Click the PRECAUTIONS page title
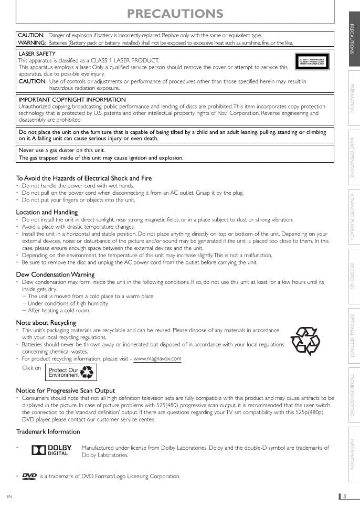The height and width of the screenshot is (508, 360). (x=175, y=14)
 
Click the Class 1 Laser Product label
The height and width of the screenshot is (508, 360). (x=312, y=62)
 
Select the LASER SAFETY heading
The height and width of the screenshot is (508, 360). (x=37, y=54)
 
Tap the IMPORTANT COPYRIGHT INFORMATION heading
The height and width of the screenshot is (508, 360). (x=72, y=99)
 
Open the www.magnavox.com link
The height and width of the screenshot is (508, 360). (x=157, y=359)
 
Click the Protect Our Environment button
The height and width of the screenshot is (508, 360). (x=71, y=372)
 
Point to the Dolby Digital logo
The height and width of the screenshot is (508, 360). (x=50, y=450)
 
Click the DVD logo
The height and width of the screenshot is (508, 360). (x=29, y=476)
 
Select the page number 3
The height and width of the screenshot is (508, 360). (x=344, y=496)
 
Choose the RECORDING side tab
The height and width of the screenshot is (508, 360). (x=352, y=277)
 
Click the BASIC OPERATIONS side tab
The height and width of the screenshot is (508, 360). (x=352, y=157)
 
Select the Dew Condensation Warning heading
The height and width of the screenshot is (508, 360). (x=55, y=274)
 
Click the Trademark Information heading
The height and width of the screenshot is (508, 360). (x=48, y=432)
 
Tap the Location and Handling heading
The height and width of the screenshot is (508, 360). (x=47, y=212)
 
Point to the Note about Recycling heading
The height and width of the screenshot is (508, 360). (x=46, y=322)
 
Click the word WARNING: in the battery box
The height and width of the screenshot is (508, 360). (x=31, y=43)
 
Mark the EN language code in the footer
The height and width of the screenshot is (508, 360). (x=9, y=496)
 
